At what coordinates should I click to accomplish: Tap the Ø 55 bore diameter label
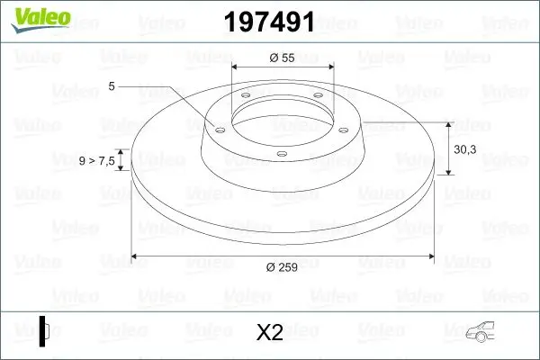tap(283, 57)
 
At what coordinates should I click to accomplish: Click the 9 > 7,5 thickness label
tap(95, 160)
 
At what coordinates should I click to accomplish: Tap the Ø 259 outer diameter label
tap(283, 267)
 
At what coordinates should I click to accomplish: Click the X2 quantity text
tap(270, 333)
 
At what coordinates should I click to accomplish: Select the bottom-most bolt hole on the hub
tap(281, 154)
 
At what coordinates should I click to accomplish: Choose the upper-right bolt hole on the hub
tap(317, 98)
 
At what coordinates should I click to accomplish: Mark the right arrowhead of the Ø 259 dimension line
tap(429, 256)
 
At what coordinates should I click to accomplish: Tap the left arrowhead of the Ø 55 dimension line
tap(237, 67)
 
